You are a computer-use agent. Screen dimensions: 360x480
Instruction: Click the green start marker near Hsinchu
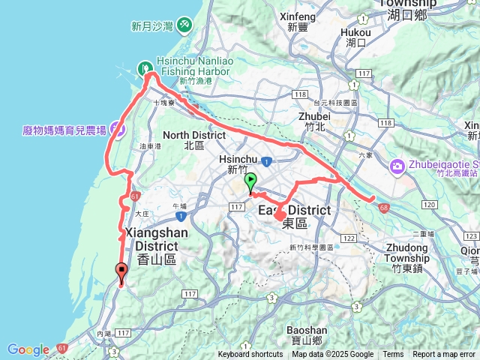click(x=250, y=181)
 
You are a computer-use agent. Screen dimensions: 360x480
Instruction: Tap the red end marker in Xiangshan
click(x=121, y=271)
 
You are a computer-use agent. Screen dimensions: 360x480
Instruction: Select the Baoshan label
click(x=307, y=334)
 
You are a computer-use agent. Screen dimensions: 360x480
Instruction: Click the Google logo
click(x=28, y=349)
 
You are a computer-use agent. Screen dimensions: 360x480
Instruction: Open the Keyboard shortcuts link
click(x=250, y=355)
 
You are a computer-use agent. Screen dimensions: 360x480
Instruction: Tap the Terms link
click(x=393, y=355)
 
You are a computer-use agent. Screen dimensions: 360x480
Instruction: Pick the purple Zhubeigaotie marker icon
click(x=397, y=165)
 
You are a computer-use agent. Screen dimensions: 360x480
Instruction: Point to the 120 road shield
click(x=430, y=205)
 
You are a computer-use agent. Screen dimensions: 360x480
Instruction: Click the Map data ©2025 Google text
click(x=332, y=355)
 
